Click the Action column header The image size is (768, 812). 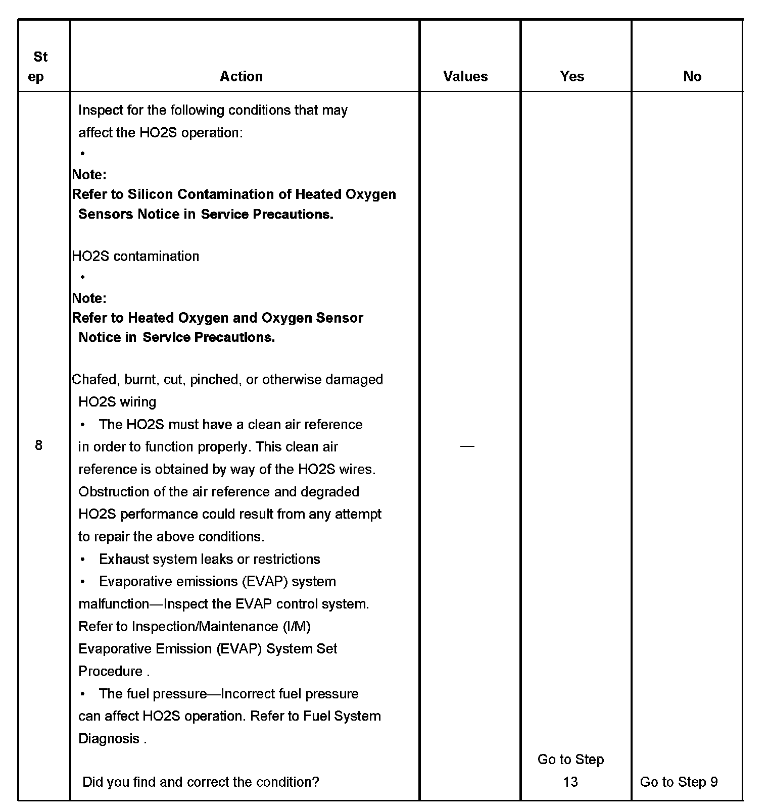coord(241,76)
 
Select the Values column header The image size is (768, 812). coord(465,76)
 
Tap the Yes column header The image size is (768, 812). coord(572,76)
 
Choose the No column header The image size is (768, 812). coord(692,76)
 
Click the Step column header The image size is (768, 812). coord(38,66)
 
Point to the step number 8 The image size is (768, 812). coord(39,445)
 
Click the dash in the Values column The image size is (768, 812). coord(467,446)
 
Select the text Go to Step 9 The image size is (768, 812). coord(679,782)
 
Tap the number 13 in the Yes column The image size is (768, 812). coord(570,782)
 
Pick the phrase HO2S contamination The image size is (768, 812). coord(135,256)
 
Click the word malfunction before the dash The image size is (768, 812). coord(114,604)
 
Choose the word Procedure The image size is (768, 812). coord(110,672)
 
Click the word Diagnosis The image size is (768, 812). coord(109,739)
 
